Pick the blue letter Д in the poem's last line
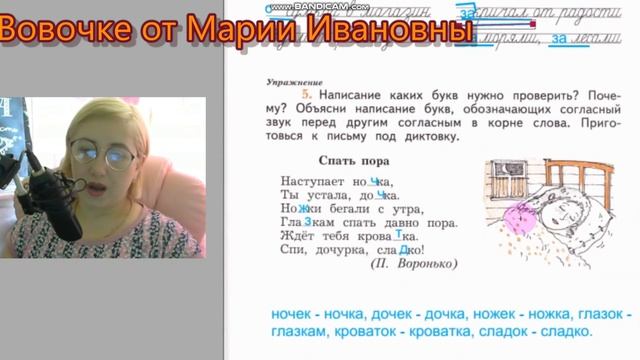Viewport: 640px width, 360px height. [x=402, y=250]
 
